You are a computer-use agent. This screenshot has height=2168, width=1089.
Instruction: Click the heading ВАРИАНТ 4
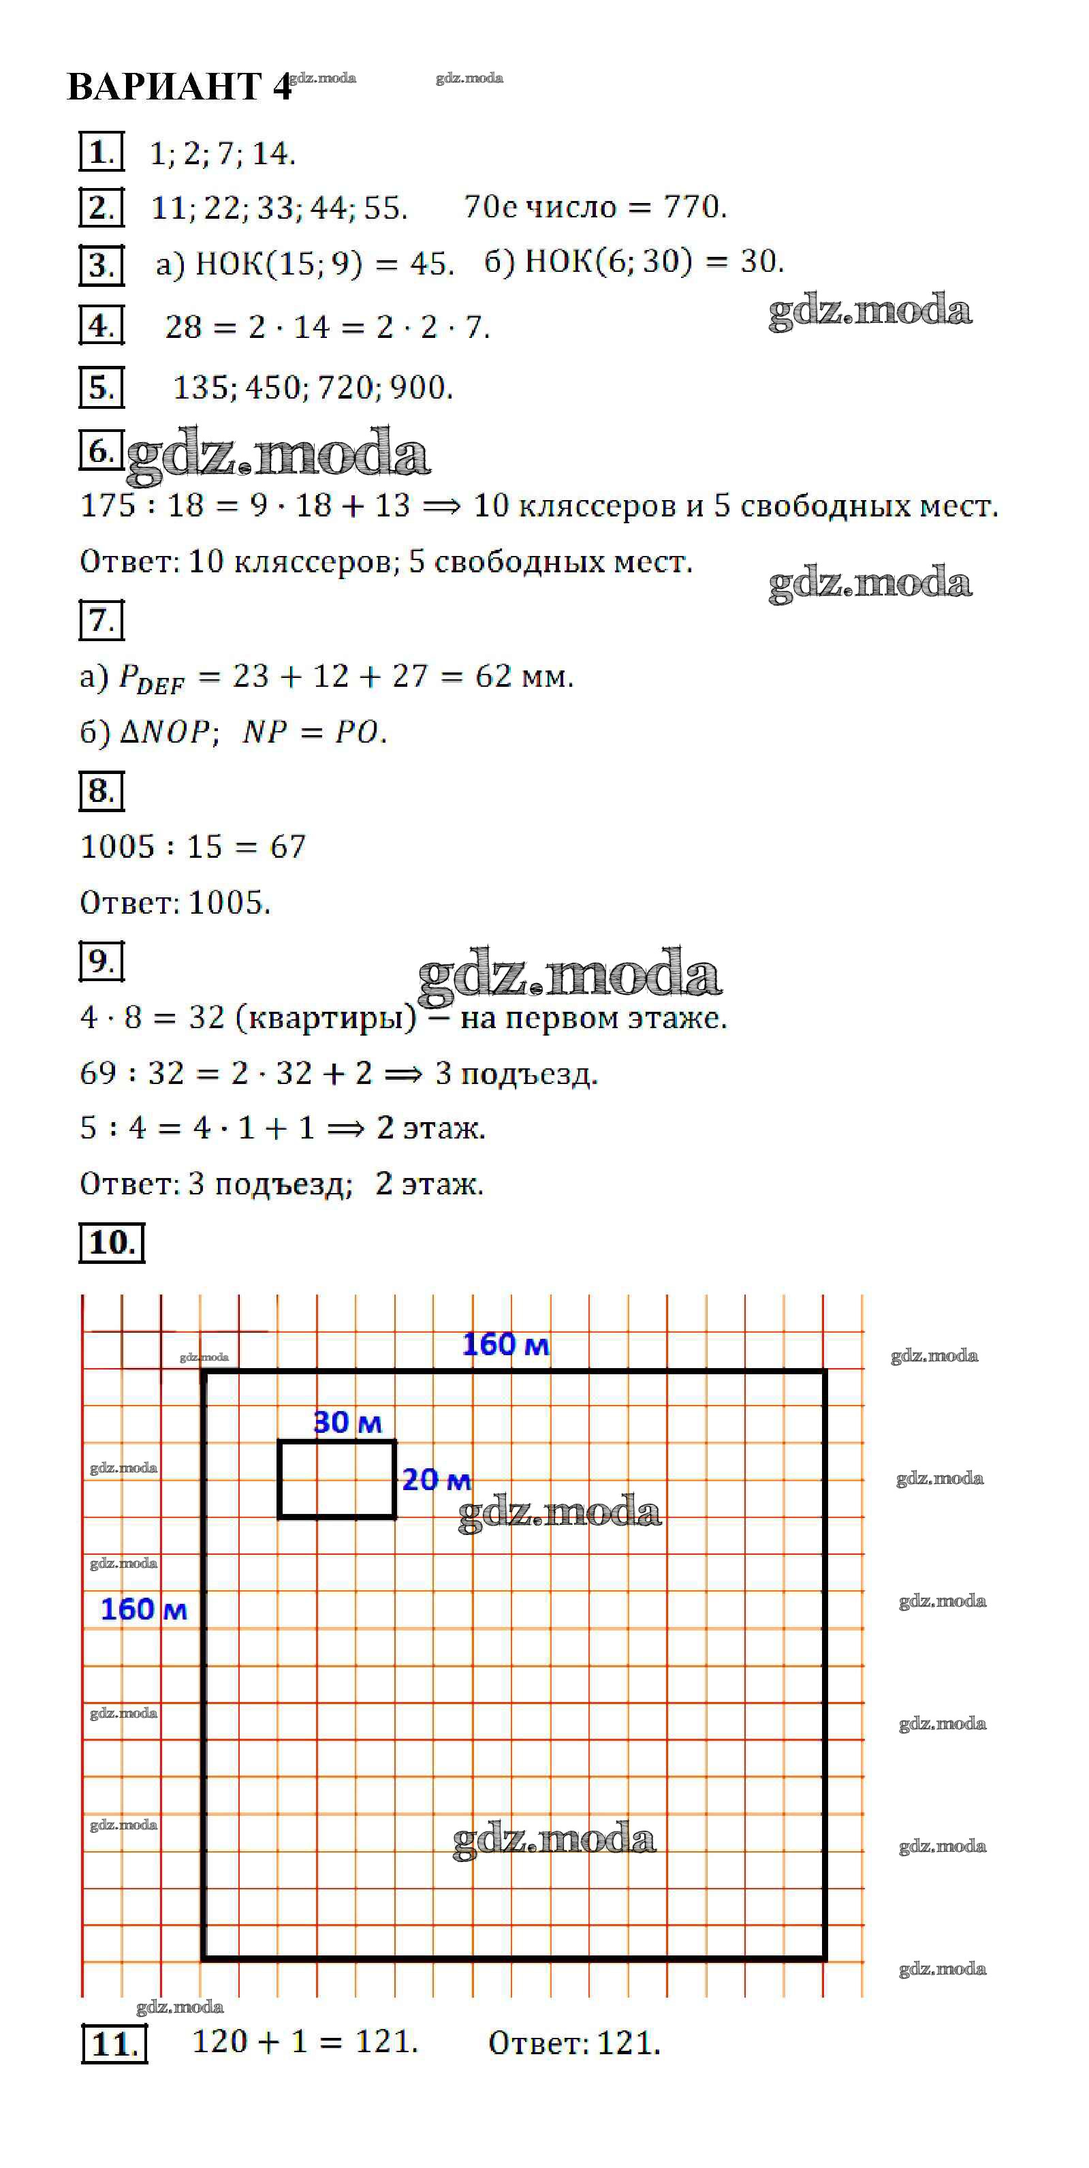(x=179, y=86)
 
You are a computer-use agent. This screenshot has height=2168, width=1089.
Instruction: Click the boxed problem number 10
(x=112, y=1242)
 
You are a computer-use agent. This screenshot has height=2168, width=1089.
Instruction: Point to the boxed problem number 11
(x=114, y=2043)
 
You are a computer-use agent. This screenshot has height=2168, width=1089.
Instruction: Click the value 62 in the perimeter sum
(x=493, y=676)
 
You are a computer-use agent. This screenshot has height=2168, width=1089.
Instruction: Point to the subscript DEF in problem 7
(x=160, y=687)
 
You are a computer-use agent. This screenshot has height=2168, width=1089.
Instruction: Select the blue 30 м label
(x=347, y=1423)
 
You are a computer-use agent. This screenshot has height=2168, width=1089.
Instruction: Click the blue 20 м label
(x=436, y=1481)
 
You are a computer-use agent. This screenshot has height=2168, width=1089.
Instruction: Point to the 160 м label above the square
(x=506, y=1345)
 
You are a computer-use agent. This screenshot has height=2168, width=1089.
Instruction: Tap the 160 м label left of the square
(x=144, y=1610)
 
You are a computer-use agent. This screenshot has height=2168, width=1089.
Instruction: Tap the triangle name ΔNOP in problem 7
(x=165, y=732)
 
